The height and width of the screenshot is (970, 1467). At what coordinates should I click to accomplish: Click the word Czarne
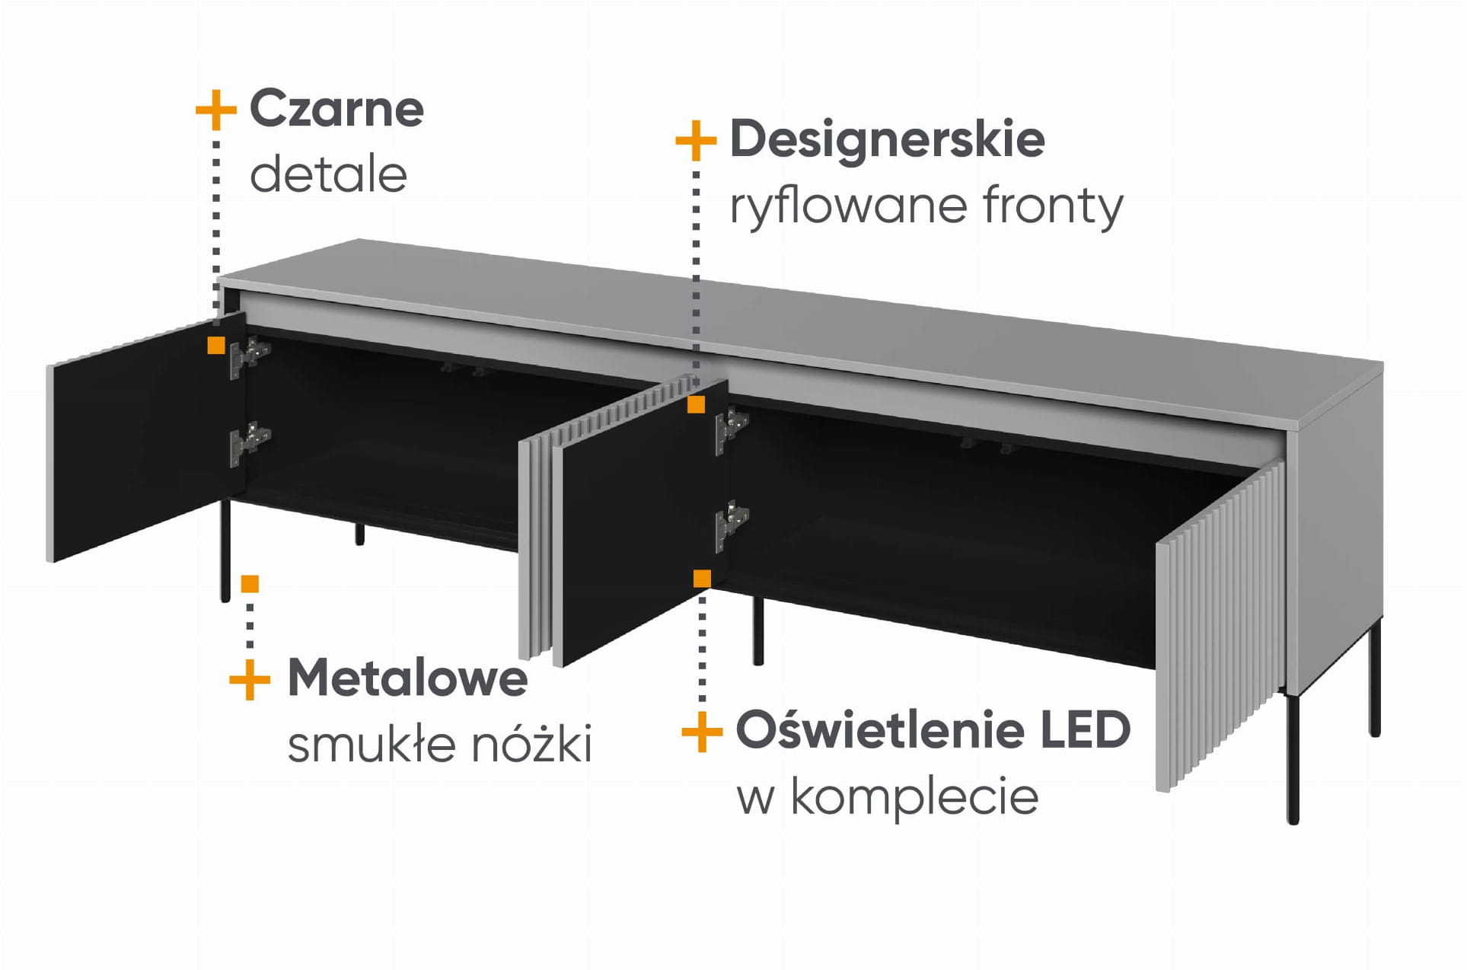(336, 109)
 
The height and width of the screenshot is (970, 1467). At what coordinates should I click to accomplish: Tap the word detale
(328, 175)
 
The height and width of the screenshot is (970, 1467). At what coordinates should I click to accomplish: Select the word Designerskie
(887, 139)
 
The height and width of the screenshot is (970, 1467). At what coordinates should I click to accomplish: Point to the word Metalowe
(407, 678)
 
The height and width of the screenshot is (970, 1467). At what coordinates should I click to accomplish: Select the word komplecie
(914, 797)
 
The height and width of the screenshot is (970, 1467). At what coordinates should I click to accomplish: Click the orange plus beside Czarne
(216, 111)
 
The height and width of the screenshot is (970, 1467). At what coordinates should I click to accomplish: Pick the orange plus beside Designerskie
(696, 141)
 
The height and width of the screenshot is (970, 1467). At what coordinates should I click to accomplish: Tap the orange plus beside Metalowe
(250, 679)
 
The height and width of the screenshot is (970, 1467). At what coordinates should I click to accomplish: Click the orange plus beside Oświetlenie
(701, 732)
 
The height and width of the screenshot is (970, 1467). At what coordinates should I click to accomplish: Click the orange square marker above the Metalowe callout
(250, 584)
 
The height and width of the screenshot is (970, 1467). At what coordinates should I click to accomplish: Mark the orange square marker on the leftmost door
(216, 346)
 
